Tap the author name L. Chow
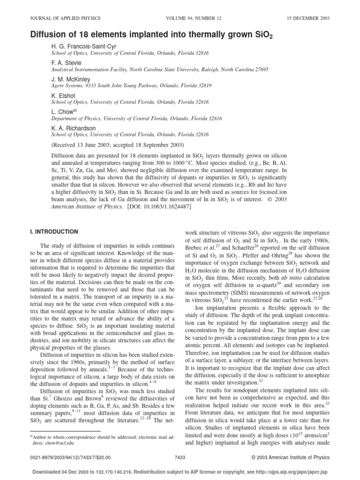pyautogui.click(x=60, y=112)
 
